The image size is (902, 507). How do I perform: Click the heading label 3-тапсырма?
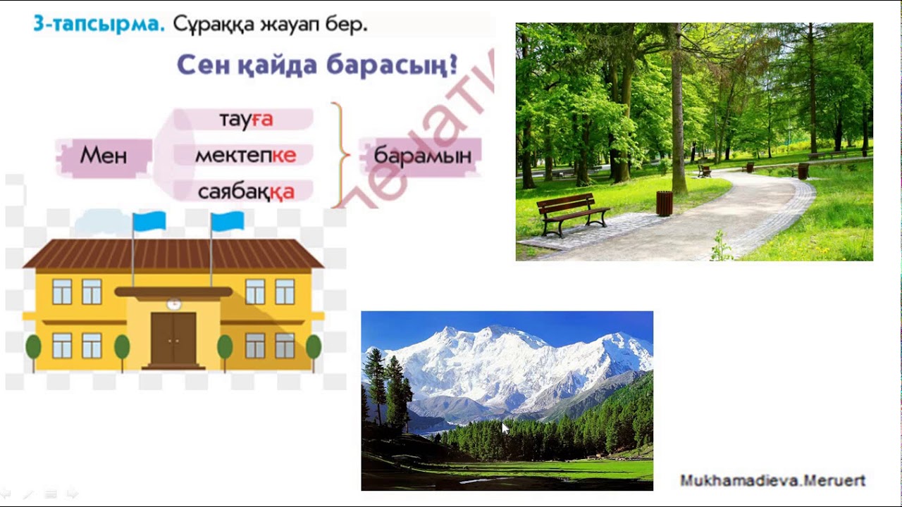99,24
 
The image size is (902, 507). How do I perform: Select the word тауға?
246,120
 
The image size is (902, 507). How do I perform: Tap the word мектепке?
245,156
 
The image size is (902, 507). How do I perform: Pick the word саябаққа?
246,192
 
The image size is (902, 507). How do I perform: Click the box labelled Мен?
104,156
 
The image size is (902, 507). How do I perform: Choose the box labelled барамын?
422,156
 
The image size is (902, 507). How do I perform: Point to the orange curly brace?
341,155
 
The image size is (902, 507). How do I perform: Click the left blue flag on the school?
149,222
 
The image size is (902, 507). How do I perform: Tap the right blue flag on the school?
227,222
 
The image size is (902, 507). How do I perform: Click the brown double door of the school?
173,339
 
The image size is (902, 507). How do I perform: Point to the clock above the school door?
174,303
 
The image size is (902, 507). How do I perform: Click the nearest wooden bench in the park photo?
572,213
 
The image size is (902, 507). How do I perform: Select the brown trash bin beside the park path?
664,203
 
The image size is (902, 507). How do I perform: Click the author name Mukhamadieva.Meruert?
772,481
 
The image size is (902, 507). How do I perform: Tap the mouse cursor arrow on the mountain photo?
505,428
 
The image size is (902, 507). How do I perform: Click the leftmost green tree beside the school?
33,348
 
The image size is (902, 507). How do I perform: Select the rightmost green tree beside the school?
313,348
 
